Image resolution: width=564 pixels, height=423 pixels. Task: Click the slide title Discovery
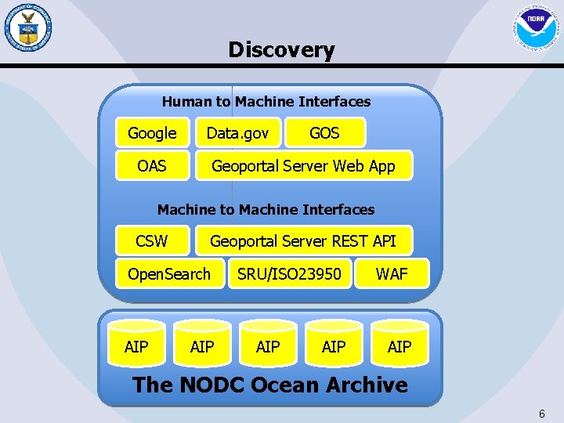click(281, 50)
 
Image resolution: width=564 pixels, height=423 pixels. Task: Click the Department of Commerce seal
click(27, 28)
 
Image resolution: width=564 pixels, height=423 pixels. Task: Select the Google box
click(152, 133)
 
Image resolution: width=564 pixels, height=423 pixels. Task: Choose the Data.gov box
click(237, 133)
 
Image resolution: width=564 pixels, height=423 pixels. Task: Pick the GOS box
click(324, 133)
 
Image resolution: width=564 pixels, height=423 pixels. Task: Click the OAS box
click(152, 166)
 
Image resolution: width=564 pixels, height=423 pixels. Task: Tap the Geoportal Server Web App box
click(303, 166)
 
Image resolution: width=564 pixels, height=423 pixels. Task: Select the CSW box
click(152, 240)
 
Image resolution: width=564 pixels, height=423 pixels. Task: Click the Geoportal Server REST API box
click(303, 240)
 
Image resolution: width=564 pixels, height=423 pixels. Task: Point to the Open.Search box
click(169, 274)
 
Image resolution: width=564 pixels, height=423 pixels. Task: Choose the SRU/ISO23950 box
click(289, 274)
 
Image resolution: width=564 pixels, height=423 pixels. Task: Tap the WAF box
click(392, 274)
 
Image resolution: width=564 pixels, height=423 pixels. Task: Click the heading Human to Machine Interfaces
click(266, 101)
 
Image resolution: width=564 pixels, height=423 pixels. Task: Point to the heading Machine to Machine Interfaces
click(266, 209)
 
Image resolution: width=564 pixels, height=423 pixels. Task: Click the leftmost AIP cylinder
click(136, 345)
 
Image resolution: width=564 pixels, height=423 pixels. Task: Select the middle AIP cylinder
click(268, 345)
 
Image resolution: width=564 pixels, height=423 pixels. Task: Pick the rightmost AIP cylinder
click(399, 345)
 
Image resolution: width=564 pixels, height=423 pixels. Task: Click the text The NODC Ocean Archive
click(270, 385)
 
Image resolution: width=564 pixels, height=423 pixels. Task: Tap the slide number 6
click(541, 414)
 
